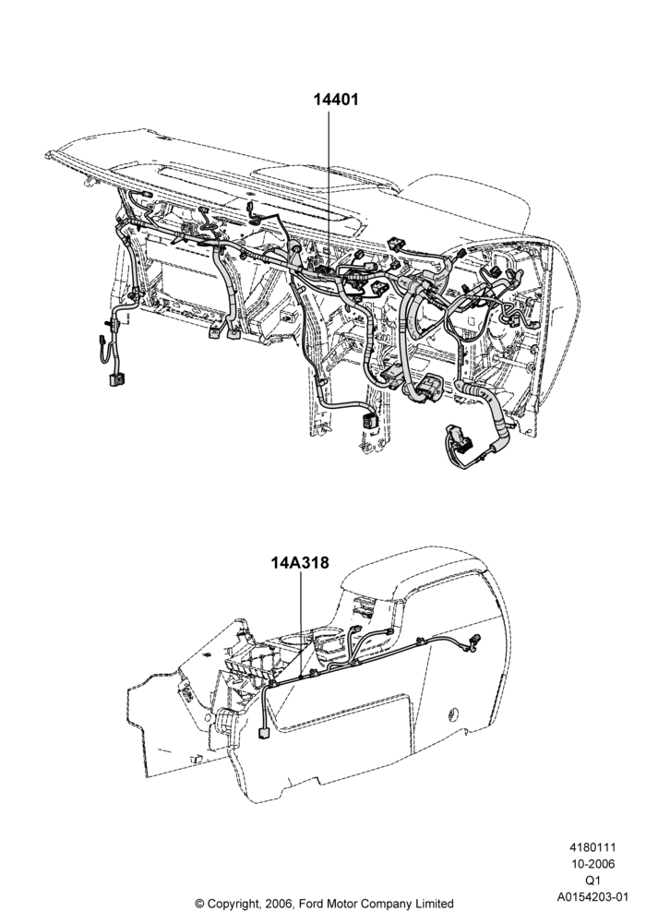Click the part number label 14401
(x=335, y=100)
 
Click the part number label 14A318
(x=300, y=563)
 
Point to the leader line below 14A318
(x=301, y=625)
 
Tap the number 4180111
(x=592, y=847)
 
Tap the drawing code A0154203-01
(x=593, y=897)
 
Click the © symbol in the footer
(x=199, y=903)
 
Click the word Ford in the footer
(x=313, y=903)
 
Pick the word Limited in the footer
(x=433, y=903)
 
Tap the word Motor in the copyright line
(x=341, y=903)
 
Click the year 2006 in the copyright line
(x=278, y=903)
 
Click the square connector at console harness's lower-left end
(x=263, y=732)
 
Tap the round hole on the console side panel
(x=452, y=713)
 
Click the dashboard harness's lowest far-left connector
(x=116, y=379)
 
